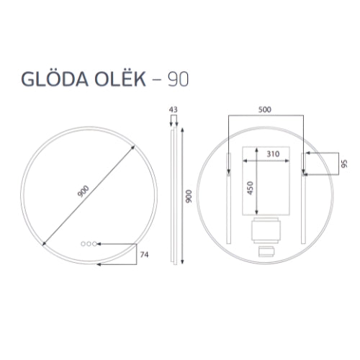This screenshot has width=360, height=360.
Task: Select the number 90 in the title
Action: (x=178, y=78)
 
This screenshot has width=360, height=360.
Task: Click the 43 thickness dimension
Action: (x=173, y=109)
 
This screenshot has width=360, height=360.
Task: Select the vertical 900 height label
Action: (x=189, y=197)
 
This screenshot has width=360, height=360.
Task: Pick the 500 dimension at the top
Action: (x=266, y=109)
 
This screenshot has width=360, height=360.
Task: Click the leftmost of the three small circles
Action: (x=84, y=243)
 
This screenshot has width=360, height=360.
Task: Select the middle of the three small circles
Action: (x=89, y=243)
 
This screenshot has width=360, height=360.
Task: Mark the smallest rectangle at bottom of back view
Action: (x=266, y=251)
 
